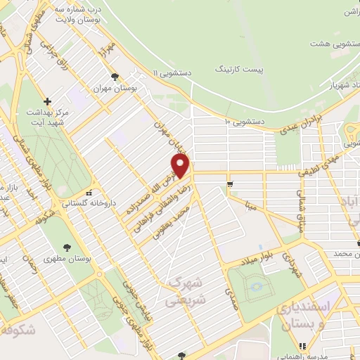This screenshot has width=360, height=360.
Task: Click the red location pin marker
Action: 181,166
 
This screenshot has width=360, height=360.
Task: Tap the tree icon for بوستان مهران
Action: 115,77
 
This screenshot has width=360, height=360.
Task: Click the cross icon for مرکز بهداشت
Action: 47,101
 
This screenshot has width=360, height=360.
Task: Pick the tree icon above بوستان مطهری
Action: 67,247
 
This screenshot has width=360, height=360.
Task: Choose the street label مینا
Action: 250,205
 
